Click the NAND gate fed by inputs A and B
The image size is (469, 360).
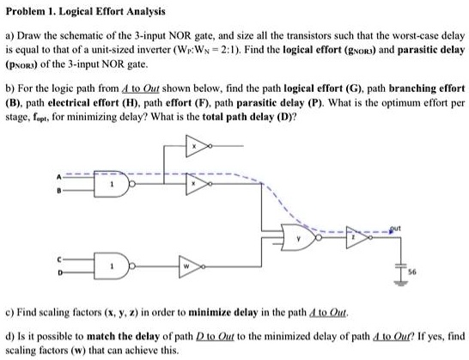click(x=113, y=185)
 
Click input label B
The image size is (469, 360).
click(x=61, y=190)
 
